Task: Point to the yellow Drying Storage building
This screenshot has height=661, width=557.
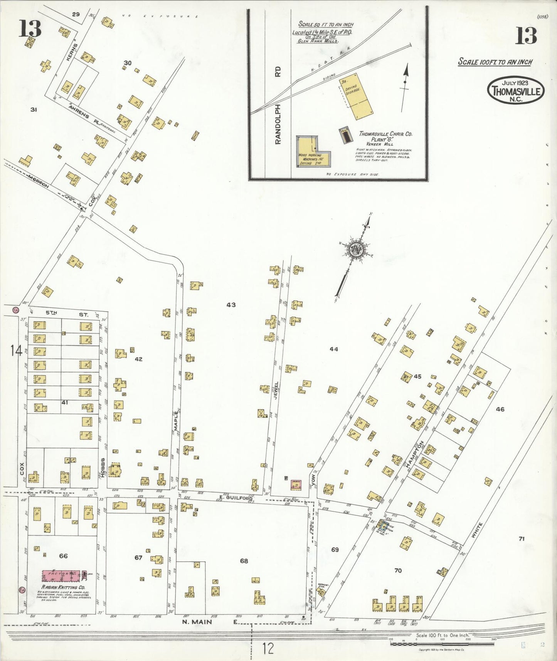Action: pos(356,96)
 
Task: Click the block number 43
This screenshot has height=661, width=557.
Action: pos(231,305)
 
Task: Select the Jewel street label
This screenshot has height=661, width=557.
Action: pos(276,390)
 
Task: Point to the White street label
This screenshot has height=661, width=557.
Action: pos(477,530)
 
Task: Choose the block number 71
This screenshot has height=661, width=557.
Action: pos(522,539)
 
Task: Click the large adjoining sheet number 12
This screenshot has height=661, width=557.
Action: pos(268,648)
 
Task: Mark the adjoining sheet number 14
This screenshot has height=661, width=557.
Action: pos(16,351)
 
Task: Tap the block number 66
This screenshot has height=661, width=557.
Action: pos(63,556)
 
